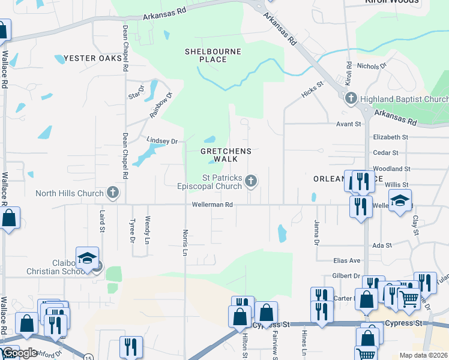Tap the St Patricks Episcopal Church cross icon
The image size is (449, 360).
click(x=252, y=181)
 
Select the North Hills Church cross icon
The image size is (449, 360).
click(x=112, y=193)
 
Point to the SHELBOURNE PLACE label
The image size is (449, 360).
click(x=213, y=56)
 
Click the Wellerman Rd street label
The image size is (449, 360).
click(x=212, y=205)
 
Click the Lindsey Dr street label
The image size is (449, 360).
click(x=162, y=141)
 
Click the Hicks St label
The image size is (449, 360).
click(x=312, y=90)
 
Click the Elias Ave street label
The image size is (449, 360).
click(x=347, y=260)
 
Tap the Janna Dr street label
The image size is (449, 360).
click(x=315, y=232)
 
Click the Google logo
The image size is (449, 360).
click(x=20, y=353)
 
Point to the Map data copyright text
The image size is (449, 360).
click(x=424, y=355)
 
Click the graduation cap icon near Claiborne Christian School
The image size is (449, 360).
click(x=87, y=258)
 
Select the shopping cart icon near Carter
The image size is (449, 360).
click(x=409, y=298)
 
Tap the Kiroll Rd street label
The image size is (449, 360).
click(x=349, y=72)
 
